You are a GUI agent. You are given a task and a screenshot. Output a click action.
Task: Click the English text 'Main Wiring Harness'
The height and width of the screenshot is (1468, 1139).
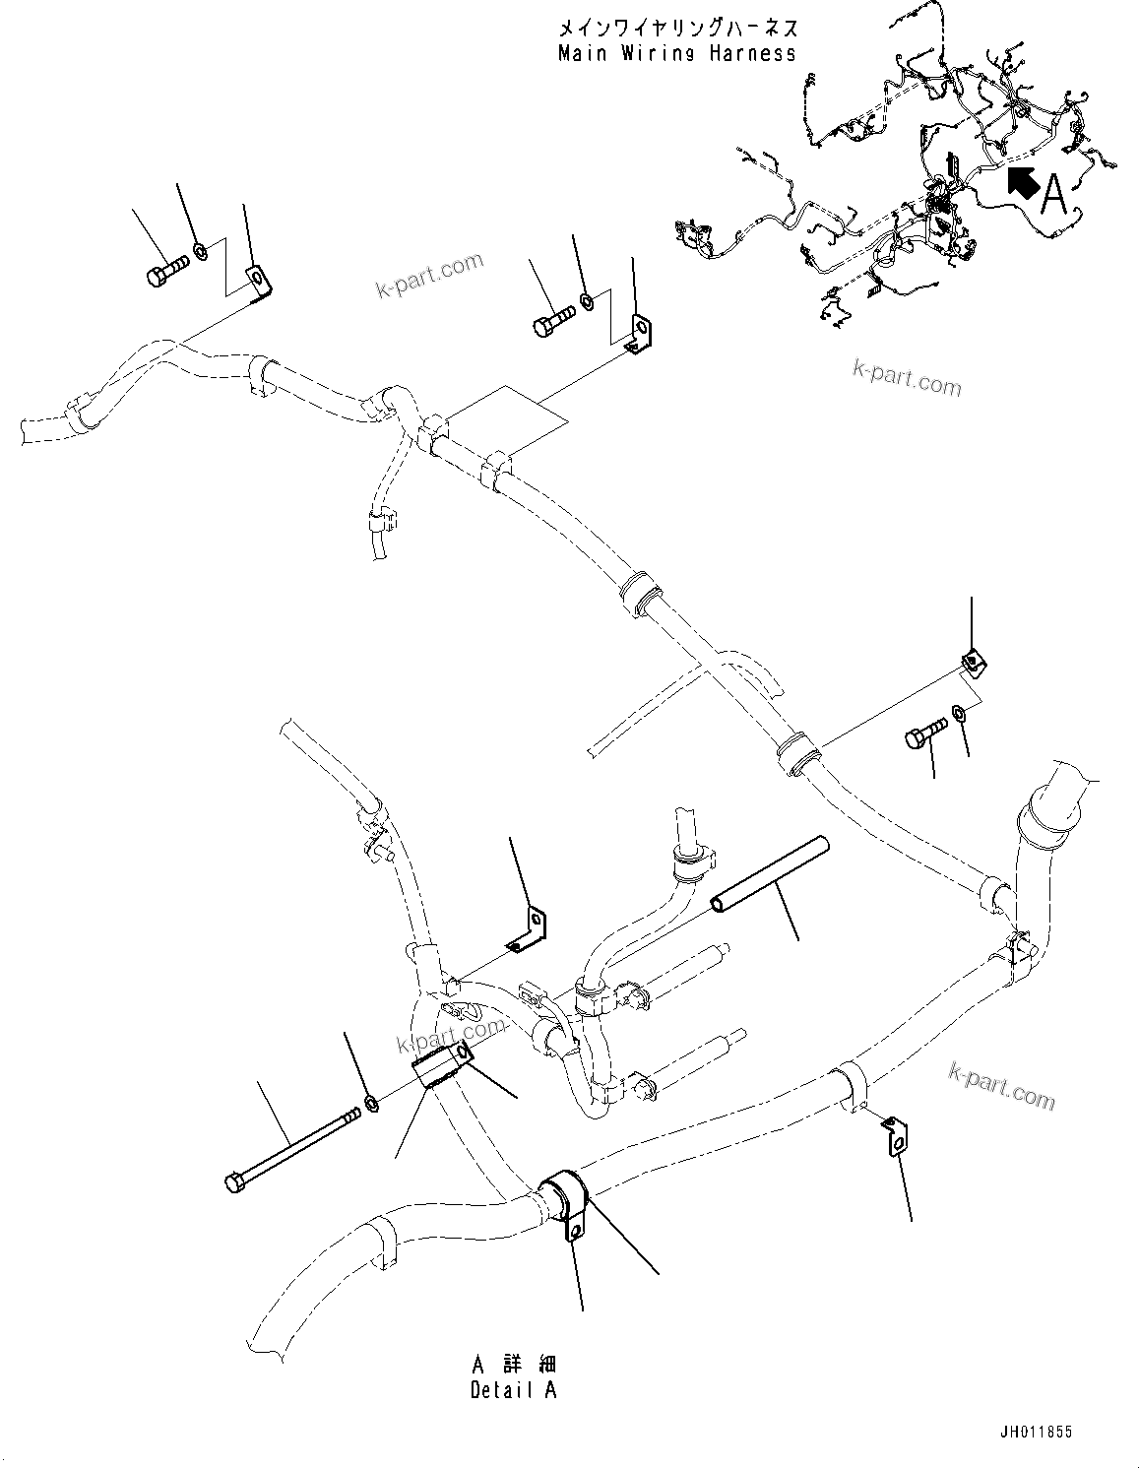pyautogui.click(x=676, y=53)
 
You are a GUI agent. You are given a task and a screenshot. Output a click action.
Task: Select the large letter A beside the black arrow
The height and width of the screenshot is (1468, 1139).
pyautogui.click(x=1053, y=193)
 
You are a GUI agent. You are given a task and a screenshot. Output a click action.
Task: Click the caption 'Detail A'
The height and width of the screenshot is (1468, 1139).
pyautogui.click(x=512, y=1390)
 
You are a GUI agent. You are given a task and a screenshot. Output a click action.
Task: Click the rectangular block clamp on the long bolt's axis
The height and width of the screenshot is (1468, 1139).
pyautogui.click(x=440, y=1068)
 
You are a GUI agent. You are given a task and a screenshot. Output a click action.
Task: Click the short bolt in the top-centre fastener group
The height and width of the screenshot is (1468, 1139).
pyautogui.click(x=552, y=323)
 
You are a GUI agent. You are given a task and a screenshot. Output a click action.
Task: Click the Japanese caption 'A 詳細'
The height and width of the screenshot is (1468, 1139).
pyautogui.click(x=512, y=1365)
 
